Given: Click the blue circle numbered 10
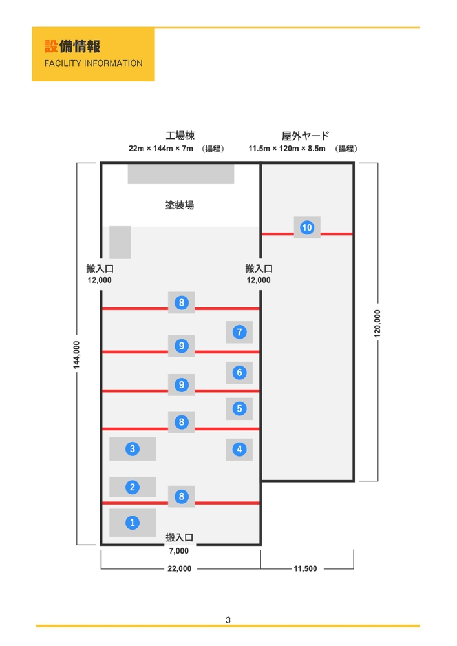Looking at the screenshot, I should [307, 227].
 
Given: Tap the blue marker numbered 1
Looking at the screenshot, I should [133, 523].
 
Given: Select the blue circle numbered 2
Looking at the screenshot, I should [133, 487].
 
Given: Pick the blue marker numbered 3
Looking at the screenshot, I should [133, 448].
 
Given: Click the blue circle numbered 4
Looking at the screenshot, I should [239, 449].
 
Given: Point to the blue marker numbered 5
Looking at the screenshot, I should [239, 408].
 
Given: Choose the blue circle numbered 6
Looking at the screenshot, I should [239, 373].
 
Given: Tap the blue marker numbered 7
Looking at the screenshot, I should [239, 332].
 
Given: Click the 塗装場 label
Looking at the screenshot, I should [180, 205].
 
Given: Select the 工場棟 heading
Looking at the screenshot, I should [180, 136].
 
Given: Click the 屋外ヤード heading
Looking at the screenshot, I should [305, 136].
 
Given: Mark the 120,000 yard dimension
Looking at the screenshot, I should [377, 323].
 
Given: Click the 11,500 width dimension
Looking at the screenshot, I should [305, 568].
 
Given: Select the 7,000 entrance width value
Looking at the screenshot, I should [179, 551].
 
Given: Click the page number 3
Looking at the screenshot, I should [228, 620].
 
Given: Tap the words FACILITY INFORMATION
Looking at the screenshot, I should [93, 63].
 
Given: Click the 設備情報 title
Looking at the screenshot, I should [72, 47].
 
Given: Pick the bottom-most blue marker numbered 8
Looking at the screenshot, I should [182, 496].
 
